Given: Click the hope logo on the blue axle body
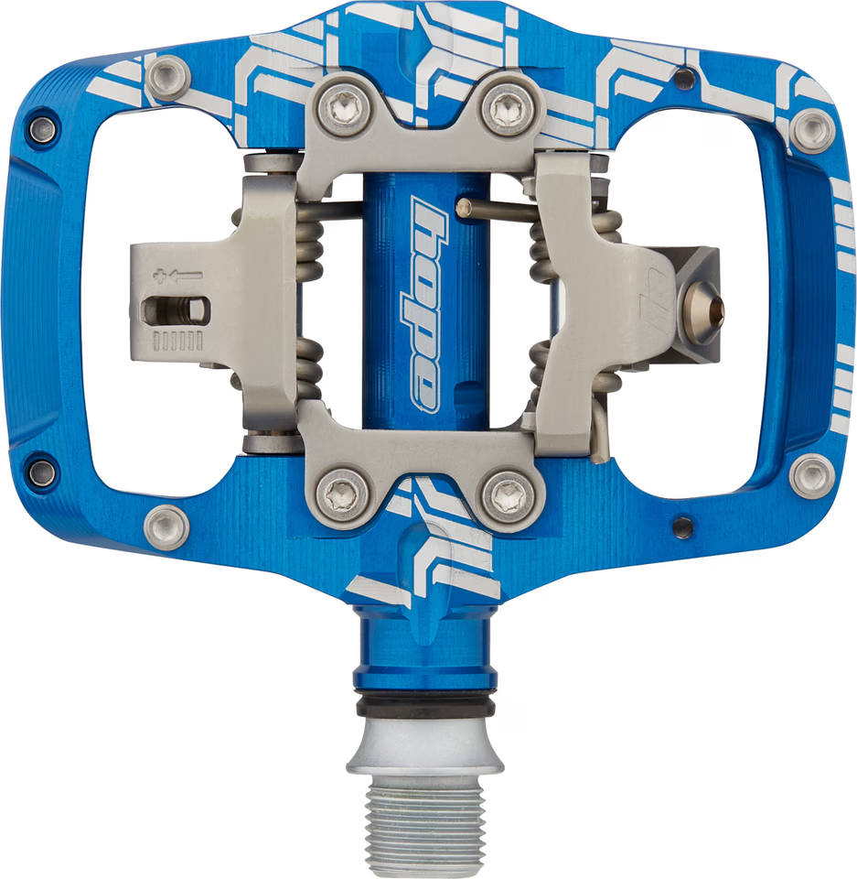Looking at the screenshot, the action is pos(425,304).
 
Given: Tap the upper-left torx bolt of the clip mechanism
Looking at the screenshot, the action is pos(342,108).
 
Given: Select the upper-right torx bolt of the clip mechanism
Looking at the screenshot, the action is pos(508,106).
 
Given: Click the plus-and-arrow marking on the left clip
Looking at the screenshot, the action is pos(178,276).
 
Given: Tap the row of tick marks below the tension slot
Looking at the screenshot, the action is pos(177,341).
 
